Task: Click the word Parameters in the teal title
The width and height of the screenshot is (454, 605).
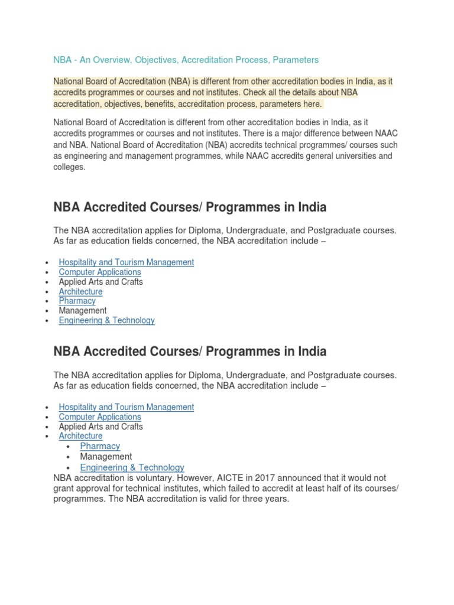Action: pyautogui.click(x=296, y=60)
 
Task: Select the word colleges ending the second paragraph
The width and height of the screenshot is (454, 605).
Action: pyautogui.click(x=69, y=168)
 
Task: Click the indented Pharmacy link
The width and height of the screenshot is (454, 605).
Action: pyautogui.click(x=100, y=446)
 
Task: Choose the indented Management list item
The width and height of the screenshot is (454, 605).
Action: pyautogui.click(x=106, y=456)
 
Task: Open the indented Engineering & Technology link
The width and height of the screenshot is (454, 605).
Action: pyautogui.click(x=132, y=467)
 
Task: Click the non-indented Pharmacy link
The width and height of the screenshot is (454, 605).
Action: pyautogui.click(x=77, y=301)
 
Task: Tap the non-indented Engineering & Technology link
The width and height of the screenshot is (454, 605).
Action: pyautogui.click(x=106, y=320)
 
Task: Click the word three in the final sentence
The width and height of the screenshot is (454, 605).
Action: pyautogui.click(x=261, y=498)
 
